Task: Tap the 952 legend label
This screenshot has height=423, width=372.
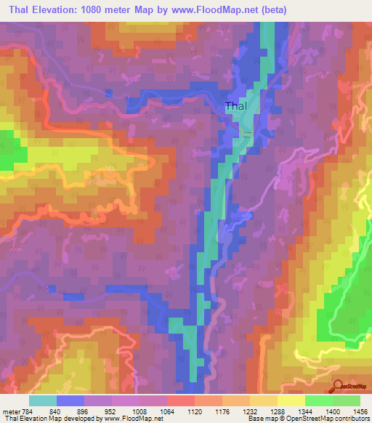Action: click(x=110, y=411)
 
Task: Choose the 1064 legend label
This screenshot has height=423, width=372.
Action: click(x=166, y=411)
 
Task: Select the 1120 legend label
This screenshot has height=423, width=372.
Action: click(x=193, y=411)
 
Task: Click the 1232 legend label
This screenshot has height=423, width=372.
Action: click(x=248, y=411)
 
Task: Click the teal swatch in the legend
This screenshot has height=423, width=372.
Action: click(x=43, y=400)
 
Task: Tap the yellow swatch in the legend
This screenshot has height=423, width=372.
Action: click(x=291, y=400)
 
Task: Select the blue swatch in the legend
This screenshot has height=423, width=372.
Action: click(x=70, y=400)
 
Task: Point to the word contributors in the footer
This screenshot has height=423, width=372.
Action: click(x=351, y=419)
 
